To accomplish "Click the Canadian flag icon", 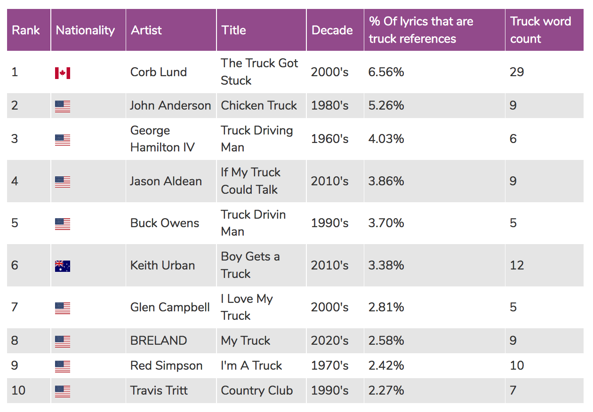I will point(63,73).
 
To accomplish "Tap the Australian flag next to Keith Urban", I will point(63,266).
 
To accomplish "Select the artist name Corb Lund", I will point(159,72).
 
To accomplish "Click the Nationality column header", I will point(85,30).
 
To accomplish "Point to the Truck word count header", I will point(540,30).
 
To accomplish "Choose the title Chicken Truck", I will point(259,105).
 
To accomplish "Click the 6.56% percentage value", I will point(386,72).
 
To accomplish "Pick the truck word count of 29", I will point(517,72).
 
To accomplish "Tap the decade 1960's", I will point(329,139).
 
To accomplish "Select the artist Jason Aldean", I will point(166,181).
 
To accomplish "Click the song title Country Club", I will point(257,390).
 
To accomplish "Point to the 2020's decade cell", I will point(329,341).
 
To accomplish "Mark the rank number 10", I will point(18,390).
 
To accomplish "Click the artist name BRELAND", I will point(159,341).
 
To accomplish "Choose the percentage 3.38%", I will point(386,265).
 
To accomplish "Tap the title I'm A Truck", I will point(252,365).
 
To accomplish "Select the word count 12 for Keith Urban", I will point(517,265).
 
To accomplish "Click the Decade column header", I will point(332,30).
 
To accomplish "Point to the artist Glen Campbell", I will point(170,307).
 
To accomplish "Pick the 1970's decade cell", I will point(329,365).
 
